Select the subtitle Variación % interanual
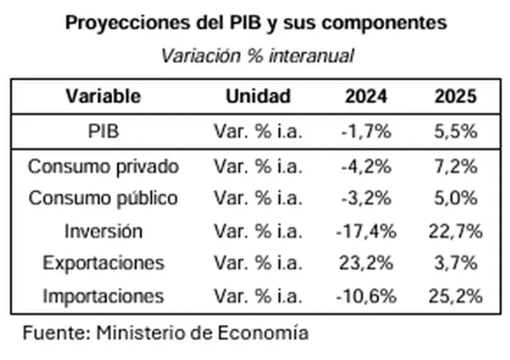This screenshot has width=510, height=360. [257, 56]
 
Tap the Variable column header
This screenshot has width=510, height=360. [103, 97]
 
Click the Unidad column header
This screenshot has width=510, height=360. [258, 97]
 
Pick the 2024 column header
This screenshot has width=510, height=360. [366, 97]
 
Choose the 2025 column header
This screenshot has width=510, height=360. [456, 97]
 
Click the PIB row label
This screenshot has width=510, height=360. [103, 132]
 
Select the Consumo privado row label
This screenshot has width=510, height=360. [103, 167]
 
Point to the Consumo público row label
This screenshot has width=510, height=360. [103, 199]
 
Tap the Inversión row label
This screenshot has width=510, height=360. [103, 231]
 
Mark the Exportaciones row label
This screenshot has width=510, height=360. [103, 263]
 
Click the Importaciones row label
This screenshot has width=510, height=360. [103, 297]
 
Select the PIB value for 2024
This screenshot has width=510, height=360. [366, 132]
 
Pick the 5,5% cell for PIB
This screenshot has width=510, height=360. [456, 132]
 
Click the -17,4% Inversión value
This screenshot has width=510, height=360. [366, 231]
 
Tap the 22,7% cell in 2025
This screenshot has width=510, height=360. [456, 231]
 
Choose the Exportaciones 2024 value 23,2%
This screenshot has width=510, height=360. [366, 263]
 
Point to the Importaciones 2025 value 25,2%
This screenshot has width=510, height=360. [456, 297]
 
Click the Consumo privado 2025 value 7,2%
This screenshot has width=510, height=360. [456, 167]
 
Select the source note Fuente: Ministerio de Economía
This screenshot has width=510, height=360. [166, 333]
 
